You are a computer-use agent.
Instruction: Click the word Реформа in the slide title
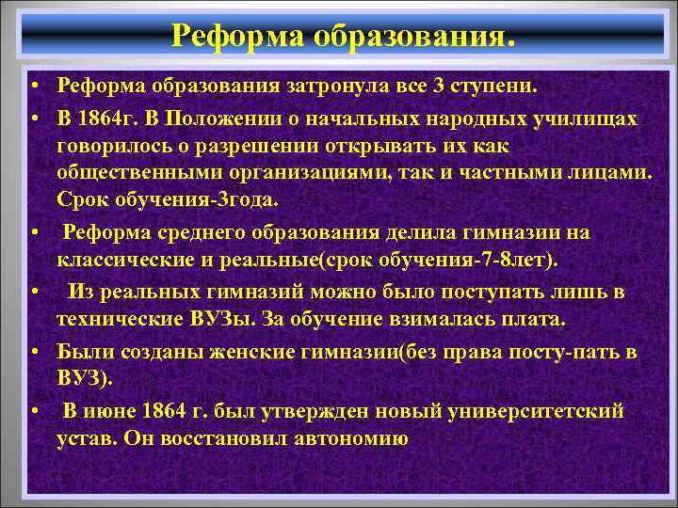(224, 35)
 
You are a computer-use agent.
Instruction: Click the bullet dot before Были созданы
(33, 352)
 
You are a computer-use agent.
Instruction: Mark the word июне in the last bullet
(114, 411)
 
